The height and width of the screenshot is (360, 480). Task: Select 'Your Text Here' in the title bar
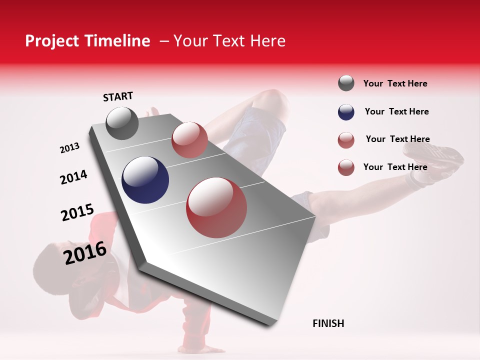coord(229,41)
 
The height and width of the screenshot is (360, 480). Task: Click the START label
coord(118,96)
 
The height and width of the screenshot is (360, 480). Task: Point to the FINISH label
coord(328,323)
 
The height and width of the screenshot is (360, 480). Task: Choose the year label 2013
coord(69,148)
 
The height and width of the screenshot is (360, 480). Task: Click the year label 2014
coord(73,177)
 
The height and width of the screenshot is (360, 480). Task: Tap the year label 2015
coord(77,212)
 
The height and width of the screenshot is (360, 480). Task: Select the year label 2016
coord(85,253)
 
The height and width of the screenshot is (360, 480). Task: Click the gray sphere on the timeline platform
coord(122,123)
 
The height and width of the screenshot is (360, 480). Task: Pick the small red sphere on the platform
coord(189,139)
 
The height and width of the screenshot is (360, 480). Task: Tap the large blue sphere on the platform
coord(145,180)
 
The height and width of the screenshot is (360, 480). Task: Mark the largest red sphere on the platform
coord(216,207)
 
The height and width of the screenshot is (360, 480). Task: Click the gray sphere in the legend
coord(346,83)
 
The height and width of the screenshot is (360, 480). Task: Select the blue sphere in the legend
coord(346,112)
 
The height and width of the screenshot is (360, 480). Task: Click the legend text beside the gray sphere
coord(395,83)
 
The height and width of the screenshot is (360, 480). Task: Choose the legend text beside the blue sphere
coord(396,111)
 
